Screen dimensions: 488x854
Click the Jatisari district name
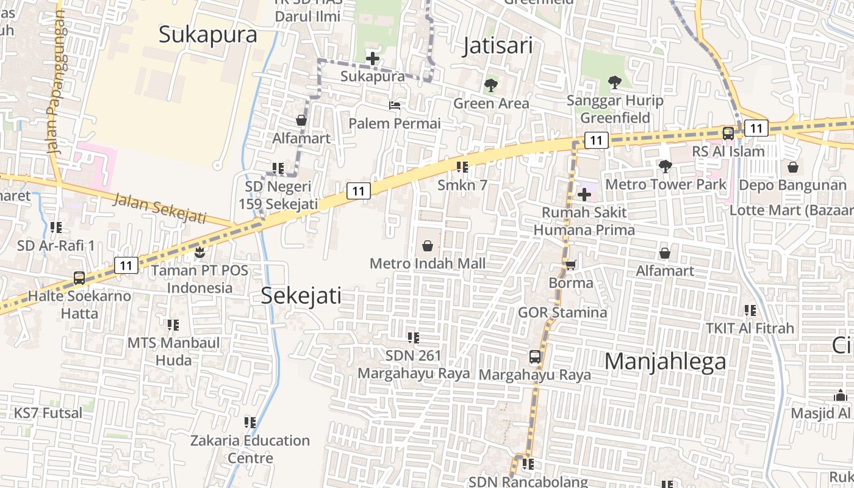[497, 46]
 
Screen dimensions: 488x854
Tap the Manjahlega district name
[665, 361]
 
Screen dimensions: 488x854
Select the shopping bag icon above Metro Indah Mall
[428, 246]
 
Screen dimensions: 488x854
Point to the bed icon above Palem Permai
[395, 106]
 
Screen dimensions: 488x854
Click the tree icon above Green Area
[491, 85]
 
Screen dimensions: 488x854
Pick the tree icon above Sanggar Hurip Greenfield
[614, 82]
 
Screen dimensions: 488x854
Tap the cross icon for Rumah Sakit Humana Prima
[584, 195]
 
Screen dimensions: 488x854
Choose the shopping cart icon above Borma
[571, 265]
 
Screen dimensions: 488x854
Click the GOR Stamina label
[562, 312]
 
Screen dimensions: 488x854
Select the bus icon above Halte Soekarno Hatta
[79, 278]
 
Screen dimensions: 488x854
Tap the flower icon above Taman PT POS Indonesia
[199, 251]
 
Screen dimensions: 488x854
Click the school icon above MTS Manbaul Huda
[173, 325]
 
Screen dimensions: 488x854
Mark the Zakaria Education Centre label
[250, 449]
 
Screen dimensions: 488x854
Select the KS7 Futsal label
[48, 413]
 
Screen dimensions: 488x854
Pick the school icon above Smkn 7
[462, 167]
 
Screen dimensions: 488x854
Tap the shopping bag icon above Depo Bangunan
[793, 167]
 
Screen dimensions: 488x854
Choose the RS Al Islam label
[728, 151]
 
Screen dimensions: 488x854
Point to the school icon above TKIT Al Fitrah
[750, 310]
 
